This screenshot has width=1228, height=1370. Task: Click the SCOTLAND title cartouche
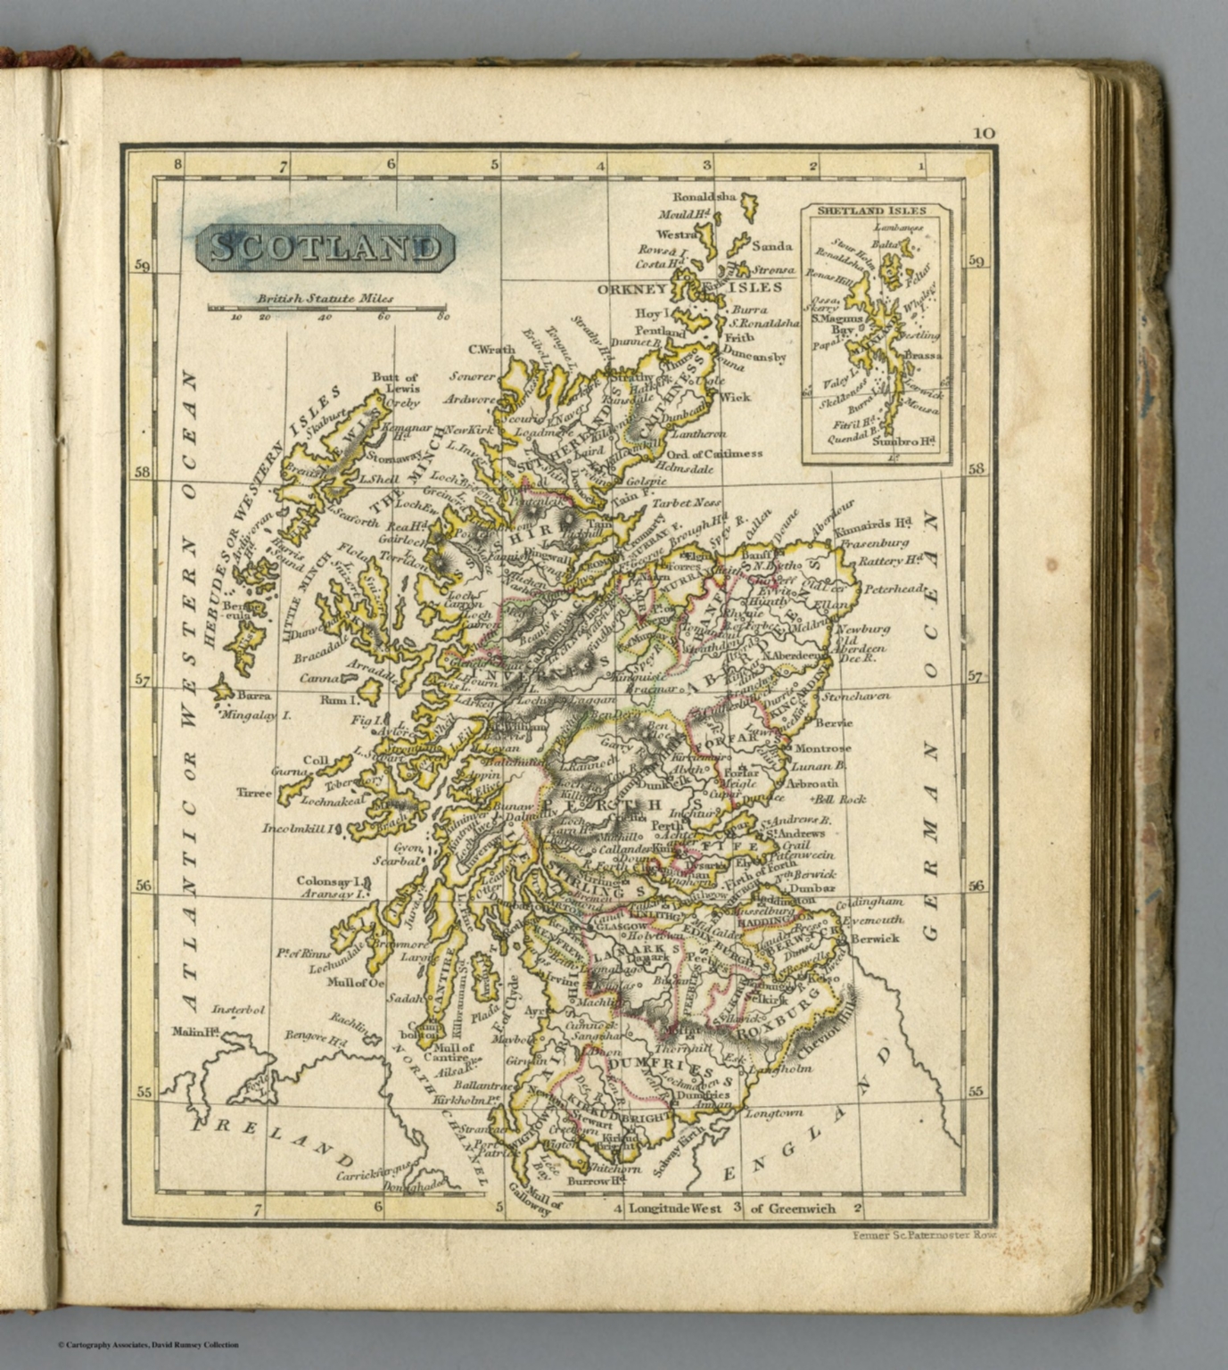pos(325,248)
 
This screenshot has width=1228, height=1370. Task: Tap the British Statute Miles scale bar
pos(327,309)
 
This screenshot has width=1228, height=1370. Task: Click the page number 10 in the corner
pos(984,133)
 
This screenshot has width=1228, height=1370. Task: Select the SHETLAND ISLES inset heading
pos(875,211)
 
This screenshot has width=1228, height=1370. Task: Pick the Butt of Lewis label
pos(394,383)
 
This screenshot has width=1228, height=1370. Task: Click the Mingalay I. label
pos(257,714)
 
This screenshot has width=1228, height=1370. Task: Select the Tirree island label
pos(253,792)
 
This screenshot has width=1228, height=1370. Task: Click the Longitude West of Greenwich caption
pos(731,1209)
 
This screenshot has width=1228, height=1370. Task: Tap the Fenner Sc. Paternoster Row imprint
pos(923,1235)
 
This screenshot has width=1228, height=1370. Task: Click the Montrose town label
pos(821,748)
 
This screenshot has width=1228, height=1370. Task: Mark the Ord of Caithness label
pos(713,453)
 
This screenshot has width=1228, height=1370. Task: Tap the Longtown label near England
pos(773,1113)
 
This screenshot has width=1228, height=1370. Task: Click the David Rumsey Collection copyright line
pos(148,1345)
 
